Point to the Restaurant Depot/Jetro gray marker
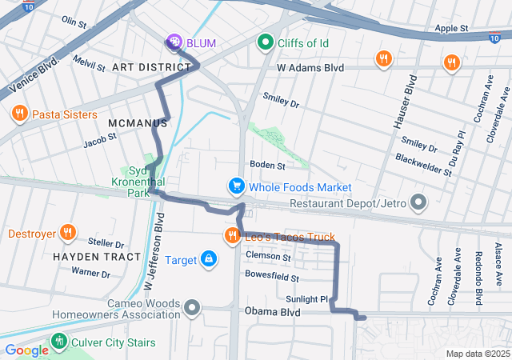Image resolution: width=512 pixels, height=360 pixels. tap(418, 203)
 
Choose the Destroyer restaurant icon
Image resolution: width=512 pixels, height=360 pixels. tap(68, 234)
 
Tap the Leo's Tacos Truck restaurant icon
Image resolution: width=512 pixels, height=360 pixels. tap(232, 236)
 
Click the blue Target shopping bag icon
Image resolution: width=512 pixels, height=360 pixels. tap(208, 260)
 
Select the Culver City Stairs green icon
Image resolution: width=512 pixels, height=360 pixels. tap(58, 342)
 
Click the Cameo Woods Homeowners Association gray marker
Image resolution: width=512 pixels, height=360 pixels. tap(191, 307)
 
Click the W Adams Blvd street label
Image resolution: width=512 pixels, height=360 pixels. tap(310, 68)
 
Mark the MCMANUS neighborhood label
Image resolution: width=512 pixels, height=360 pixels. tap(138, 123)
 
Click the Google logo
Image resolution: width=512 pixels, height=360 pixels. tap(26, 350)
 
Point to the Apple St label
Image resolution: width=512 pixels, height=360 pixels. tap(452, 29)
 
